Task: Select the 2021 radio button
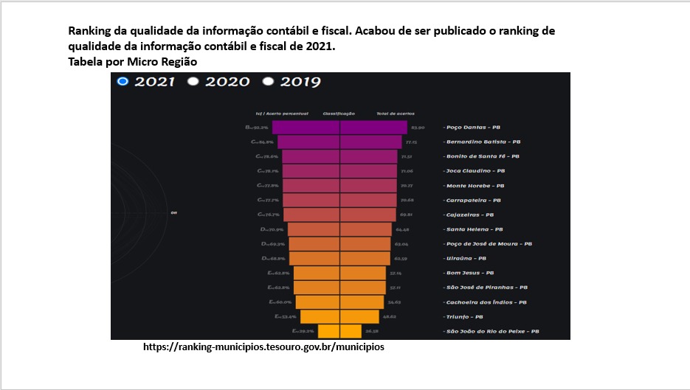pos(123,81)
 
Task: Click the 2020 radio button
pos(194,81)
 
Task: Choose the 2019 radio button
pos(269,81)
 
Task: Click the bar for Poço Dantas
pos(339,128)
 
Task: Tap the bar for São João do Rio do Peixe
pos(339,331)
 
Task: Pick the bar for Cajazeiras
pos(339,215)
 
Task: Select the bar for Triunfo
pos(339,316)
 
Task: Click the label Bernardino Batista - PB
pos(483,142)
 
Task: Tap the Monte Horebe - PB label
pos(475,186)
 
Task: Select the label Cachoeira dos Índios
pos(486,302)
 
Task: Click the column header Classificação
pos(339,114)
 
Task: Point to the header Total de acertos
pos(396,114)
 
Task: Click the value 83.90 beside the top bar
pos(418,128)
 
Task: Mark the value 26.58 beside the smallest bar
pos(371,331)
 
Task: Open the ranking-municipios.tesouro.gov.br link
pos(263,347)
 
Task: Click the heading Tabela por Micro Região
pos(132,62)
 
